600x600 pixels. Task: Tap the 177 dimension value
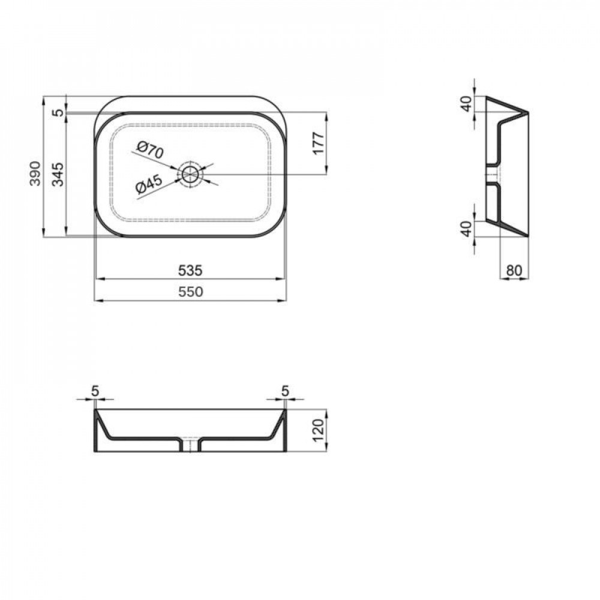tap(318, 143)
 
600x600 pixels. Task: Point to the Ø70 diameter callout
tap(150, 151)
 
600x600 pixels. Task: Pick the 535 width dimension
tap(190, 271)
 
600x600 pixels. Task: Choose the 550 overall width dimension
tap(190, 292)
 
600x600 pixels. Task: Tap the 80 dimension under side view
tap(514, 271)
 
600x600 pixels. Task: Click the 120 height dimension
tap(318, 430)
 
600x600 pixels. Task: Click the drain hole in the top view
tap(191, 174)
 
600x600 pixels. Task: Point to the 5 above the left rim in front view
tap(95, 391)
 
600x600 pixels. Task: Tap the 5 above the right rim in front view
tap(286, 391)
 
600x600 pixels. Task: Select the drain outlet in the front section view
tap(191, 445)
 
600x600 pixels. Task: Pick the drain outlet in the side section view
tap(492, 175)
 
